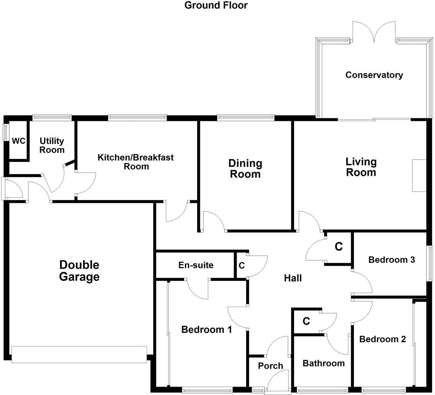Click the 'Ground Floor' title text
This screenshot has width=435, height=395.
[x=216, y=5]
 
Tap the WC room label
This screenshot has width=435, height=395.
[x=18, y=141]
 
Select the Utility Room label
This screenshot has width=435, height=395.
[x=52, y=145]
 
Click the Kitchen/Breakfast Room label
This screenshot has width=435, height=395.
[x=136, y=162]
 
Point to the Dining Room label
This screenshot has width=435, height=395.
[x=245, y=168]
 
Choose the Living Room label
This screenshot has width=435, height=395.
[x=361, y=167]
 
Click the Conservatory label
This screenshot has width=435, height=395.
[x=374, y=75]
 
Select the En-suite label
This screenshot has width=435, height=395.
[x=196, y=265]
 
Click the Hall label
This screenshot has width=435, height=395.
[x=293, y=278]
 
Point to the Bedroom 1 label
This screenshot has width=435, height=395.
[x=206, y=330]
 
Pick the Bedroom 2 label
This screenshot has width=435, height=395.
[x=382, y=339]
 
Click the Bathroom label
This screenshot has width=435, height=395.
[x=324, y=363]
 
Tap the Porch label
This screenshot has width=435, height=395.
[x=270, y=366]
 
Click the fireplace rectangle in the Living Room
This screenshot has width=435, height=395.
[x=419, y=175]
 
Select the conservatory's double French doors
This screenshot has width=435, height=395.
[x=373, y=32]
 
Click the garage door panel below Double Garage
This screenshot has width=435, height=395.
[x=79, y=354]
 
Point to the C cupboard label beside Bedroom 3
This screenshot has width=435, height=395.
[x=339, y=247]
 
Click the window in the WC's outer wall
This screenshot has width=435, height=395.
[x=5, y=132]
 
